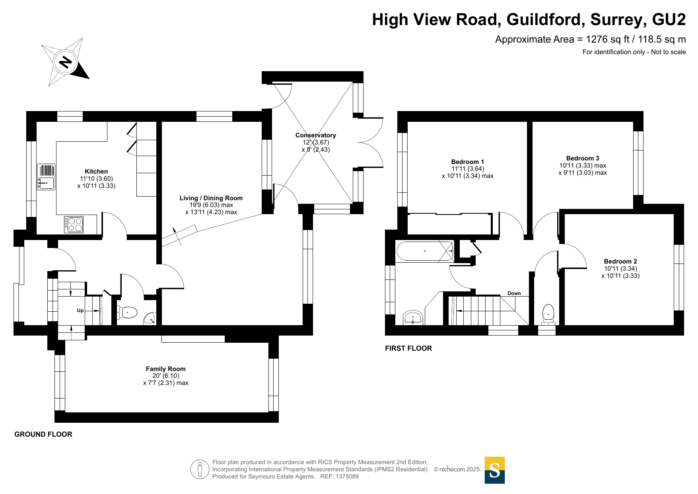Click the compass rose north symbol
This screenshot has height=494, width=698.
(65, 62)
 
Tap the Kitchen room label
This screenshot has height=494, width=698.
(96, 172)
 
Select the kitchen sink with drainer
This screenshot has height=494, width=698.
(46, 177)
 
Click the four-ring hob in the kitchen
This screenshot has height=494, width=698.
(74, 225)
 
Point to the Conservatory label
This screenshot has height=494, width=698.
(316, 135)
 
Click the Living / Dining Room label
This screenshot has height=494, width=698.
(211, 198)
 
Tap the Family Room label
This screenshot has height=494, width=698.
(166, 369)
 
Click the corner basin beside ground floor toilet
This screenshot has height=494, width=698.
(150, 318)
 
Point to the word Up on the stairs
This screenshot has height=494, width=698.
(80, 310)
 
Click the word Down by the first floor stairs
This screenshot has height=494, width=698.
(514, 293)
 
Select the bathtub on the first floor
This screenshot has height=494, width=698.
(425, 251)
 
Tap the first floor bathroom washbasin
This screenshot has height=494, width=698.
(413, 318)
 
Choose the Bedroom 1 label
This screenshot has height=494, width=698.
(468, 162)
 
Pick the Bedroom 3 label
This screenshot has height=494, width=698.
(583, 158)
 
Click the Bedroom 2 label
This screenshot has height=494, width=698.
(620, 262)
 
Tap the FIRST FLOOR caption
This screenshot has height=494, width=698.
(408, 348)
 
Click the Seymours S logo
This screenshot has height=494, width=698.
(495, 470)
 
